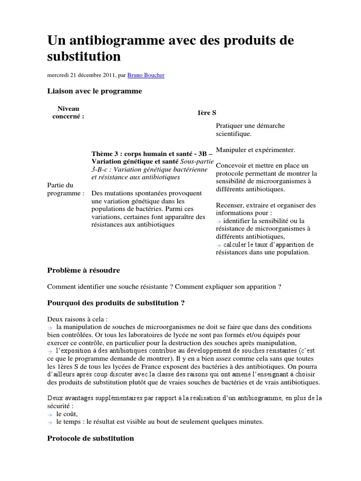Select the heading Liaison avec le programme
[x=94, y=91]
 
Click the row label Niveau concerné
[x=68, y=113]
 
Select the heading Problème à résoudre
[x=84, y=271]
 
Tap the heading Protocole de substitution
[x=91, y=438]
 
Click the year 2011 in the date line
[x=106, y=74]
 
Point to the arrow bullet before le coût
[x=50, y=414]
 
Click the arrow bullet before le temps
[x=50, y=422]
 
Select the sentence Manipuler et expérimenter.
[x=256, y=150]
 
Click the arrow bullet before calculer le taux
[x=219, y=245]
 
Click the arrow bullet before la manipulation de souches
[x=50, y=326]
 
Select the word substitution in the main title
[x=84, y=57]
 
